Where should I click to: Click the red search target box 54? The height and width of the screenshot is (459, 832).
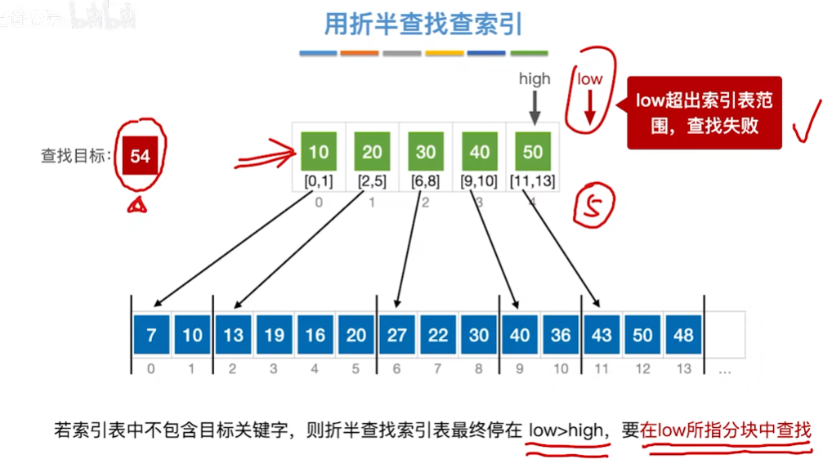coord(140,155)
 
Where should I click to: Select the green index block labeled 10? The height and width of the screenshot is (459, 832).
coord(319,151)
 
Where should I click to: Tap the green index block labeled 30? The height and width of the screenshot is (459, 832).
coord(425,151)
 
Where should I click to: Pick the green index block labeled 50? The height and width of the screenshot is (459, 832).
coord(533,151)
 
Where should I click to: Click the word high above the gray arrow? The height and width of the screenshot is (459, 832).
coord(535,79)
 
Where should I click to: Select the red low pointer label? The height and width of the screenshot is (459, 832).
coord(589,79)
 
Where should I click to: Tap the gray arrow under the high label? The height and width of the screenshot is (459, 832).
coord(535,106)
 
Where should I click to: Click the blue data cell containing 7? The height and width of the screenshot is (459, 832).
coord(151,335)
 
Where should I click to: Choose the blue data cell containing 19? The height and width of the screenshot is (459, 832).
coord(274,335)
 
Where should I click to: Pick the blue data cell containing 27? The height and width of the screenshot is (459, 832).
coord(397,335)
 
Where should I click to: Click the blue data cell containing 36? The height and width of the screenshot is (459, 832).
coord(561,335)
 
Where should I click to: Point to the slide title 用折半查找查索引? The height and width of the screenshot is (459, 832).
coord(423,25)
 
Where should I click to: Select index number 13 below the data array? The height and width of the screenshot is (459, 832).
coord(684,369)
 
